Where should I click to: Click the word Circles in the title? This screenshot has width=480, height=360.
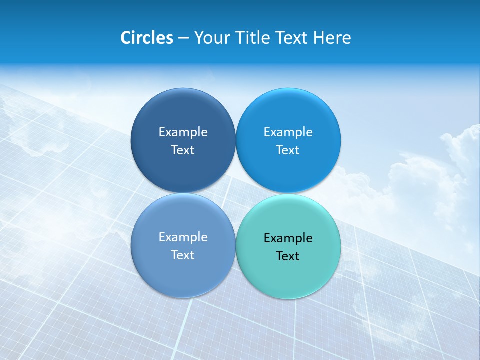146,38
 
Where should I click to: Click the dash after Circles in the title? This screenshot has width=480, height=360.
183,38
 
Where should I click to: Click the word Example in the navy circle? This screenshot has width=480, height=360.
183,132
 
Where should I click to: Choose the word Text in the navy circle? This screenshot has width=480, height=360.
183,150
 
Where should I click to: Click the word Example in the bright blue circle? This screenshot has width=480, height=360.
288,132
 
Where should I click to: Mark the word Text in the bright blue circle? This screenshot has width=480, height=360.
288,150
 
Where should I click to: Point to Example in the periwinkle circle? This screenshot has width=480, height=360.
183,237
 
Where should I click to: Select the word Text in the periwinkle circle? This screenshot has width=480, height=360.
183,255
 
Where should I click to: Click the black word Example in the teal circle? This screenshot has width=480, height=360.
288,238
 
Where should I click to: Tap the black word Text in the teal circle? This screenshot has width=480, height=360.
288,256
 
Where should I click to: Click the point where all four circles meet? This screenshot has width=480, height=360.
235,193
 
